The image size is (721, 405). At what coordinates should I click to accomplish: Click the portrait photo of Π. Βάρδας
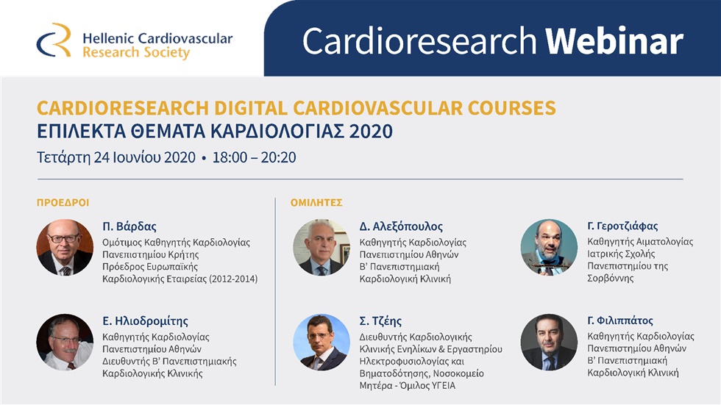tap(65, 248)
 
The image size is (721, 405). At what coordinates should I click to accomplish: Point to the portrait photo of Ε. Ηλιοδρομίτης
tap(65, 342)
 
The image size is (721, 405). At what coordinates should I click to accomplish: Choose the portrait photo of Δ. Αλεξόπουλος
tap(322, 248)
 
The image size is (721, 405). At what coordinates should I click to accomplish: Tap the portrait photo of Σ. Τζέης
tap(322, 342)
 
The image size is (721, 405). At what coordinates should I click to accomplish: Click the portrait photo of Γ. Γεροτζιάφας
tap(549, 248)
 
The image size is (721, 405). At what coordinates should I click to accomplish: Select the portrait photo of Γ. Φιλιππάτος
tap(549, 342)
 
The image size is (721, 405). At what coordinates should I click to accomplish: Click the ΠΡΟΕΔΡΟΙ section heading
tap(63, 203)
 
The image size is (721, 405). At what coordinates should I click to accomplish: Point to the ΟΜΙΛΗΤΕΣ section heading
tap(316, 203)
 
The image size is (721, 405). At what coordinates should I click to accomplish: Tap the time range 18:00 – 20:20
tap(254, 157)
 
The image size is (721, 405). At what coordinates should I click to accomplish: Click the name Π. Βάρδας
tap(129, 226)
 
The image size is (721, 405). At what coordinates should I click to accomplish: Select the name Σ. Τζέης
tap(382, 321)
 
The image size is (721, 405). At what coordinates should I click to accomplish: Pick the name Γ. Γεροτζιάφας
tap(622, 226)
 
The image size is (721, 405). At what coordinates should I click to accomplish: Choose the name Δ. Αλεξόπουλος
tap(401, 226)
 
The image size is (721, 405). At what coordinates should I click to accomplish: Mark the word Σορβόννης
tap(611, 279)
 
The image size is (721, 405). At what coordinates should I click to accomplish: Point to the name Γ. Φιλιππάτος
tap(620, 320)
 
